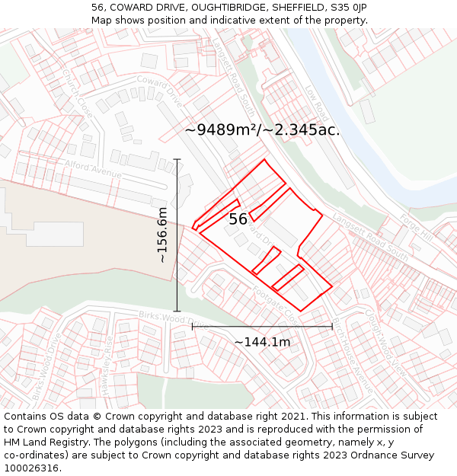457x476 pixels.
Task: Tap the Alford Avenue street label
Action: click(94, 169)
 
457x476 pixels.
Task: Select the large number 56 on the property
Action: click(238, 219)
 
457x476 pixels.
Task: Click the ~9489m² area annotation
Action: click(262, 129)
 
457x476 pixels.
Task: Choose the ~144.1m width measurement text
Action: click(262, 342)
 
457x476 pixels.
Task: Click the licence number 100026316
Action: click(31, 468)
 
